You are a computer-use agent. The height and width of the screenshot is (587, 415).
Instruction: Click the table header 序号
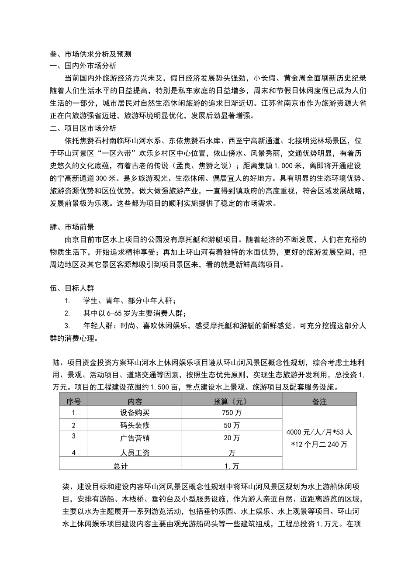(73, 401)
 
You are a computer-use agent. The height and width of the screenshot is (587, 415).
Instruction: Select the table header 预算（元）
(232, 401)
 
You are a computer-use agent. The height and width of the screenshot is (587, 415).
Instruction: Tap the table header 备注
(319, 401)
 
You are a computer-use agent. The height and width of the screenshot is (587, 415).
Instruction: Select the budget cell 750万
(232, 413)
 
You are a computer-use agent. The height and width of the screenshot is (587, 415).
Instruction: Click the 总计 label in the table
(121, 466)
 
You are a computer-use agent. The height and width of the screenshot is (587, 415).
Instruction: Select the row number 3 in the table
(73, 436)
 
